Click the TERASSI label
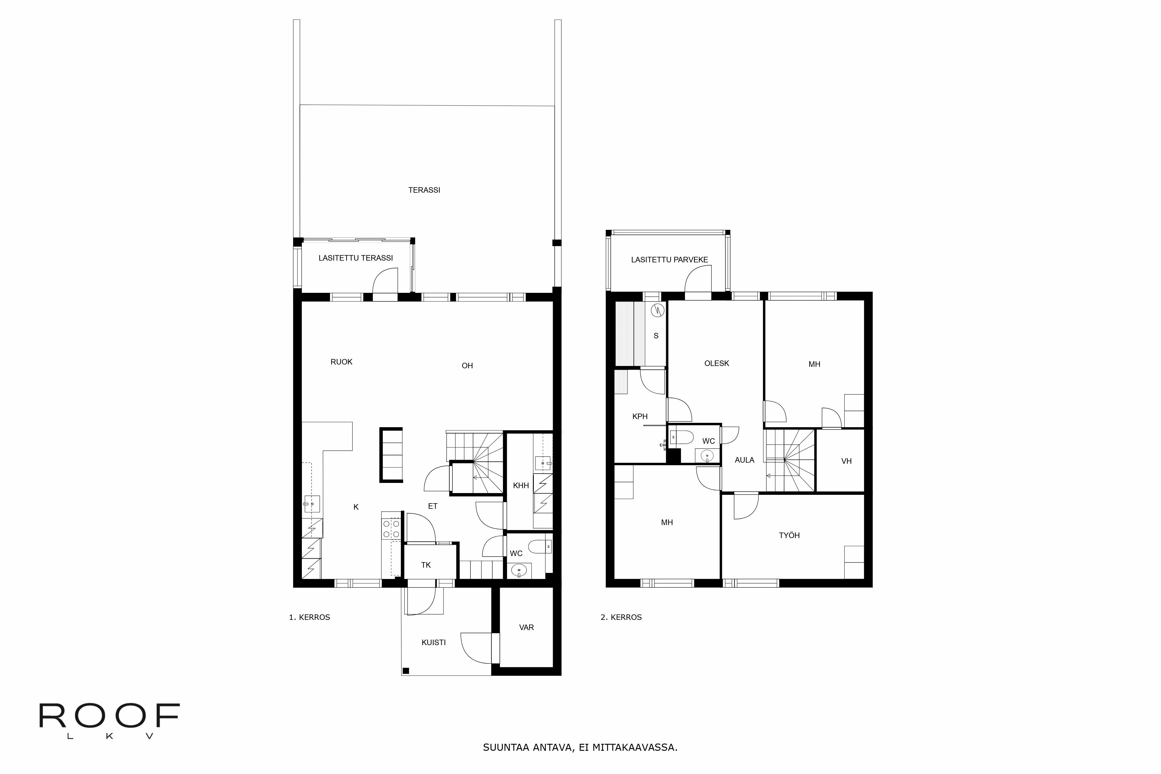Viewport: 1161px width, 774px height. [x=424, y=190]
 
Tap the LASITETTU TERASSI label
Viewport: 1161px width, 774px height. [x=355, y=258]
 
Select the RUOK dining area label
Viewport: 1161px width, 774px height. [x=341, y=362]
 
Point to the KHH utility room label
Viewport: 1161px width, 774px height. [x=521, y=486]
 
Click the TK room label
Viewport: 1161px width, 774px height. [x=426, y=565]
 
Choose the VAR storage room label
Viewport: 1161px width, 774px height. [x=526, y=627]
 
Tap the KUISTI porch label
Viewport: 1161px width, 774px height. [x=433, y=643]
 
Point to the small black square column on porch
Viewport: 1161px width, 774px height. [x=406, y=670]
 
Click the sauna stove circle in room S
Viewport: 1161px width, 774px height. [x=657, y=311]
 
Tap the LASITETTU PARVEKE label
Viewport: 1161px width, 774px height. [x=669, y=260]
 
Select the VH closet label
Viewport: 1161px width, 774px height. [x=846, y=461]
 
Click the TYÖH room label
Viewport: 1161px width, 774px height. [x=789, y=535]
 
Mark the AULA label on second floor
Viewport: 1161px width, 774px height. [x=744, y=460]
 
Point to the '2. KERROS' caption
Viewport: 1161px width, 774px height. [x=621, y=617]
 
